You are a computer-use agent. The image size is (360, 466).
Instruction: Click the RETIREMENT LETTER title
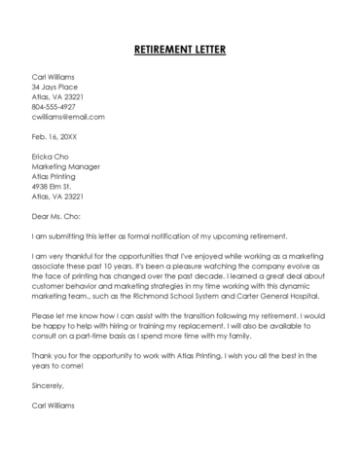[180, 48]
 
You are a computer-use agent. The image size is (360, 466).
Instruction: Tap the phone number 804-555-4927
[56, 106]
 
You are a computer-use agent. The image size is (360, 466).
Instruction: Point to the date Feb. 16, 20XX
[54, 136]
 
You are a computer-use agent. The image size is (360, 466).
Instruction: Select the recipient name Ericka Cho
[52, 157]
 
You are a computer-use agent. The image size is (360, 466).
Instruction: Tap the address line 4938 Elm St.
[54, 187]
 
